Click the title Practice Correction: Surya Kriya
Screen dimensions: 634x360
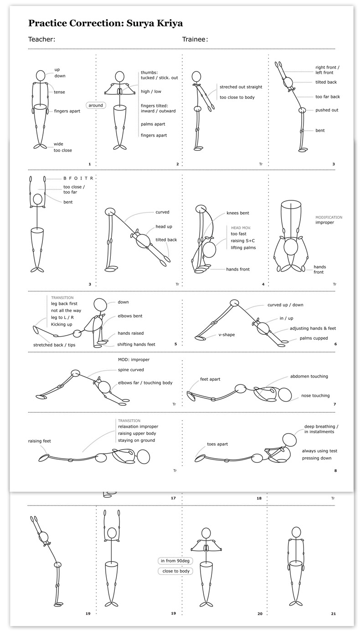(105, 23)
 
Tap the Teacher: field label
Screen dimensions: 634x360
(41, 40)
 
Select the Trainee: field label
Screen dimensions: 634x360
(195, 40)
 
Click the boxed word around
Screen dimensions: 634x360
(96, 105)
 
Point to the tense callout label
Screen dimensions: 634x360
(59, 92)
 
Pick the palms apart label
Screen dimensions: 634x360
(153, 124)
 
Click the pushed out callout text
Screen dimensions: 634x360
(327, 110)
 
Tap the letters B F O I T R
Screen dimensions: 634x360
(78, 178)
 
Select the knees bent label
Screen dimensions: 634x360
(237, 213)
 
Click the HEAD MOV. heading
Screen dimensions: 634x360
(241, 227)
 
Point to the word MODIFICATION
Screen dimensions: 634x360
(329, 217)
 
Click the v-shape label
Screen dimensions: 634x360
(226, 335)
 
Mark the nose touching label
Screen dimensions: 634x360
(315, 395)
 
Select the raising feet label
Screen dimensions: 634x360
(39, 441)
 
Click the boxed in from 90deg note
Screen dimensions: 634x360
(175, 561)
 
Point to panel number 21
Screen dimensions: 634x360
(333, 614)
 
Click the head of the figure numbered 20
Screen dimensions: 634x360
(206, 532)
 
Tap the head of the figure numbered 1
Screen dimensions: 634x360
(41, 75)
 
